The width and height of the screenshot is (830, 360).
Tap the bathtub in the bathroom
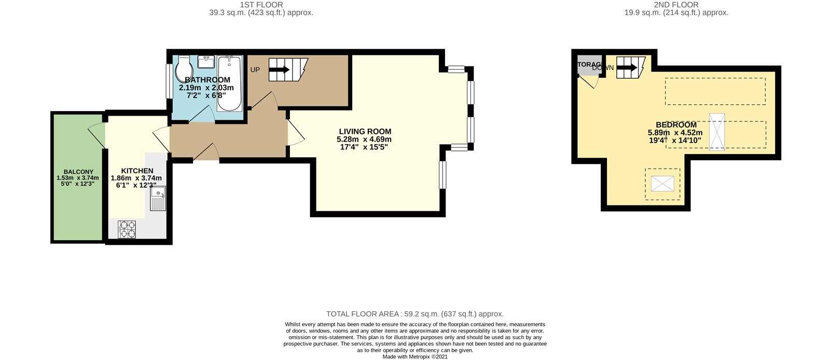[229, 83]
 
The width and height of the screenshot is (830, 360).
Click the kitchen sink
[158, 198]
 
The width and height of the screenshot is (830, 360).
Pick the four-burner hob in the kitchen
[127, 229]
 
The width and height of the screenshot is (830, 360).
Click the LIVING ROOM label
[365, 132]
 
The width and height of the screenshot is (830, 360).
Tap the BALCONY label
[78, 172]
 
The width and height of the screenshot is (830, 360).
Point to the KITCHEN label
[137, 171]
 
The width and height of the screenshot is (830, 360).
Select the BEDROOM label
[676, 125]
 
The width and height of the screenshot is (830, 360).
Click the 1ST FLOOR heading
[261, 5]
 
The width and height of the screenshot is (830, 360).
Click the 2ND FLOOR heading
[676, 5]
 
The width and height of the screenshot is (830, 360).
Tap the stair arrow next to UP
[280, 70]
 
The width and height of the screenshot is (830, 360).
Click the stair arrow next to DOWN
[627, 67]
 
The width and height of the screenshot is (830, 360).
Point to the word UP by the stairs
[255, 70]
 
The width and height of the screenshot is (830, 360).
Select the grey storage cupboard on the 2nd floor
[588, 65]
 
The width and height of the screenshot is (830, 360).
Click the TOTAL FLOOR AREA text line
[414, 314]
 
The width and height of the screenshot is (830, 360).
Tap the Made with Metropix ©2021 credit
[414, 357]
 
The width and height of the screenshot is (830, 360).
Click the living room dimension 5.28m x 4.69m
[364, 140]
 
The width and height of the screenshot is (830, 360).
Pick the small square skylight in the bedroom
[662, 184]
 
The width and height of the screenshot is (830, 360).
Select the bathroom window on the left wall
[169, 80]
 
